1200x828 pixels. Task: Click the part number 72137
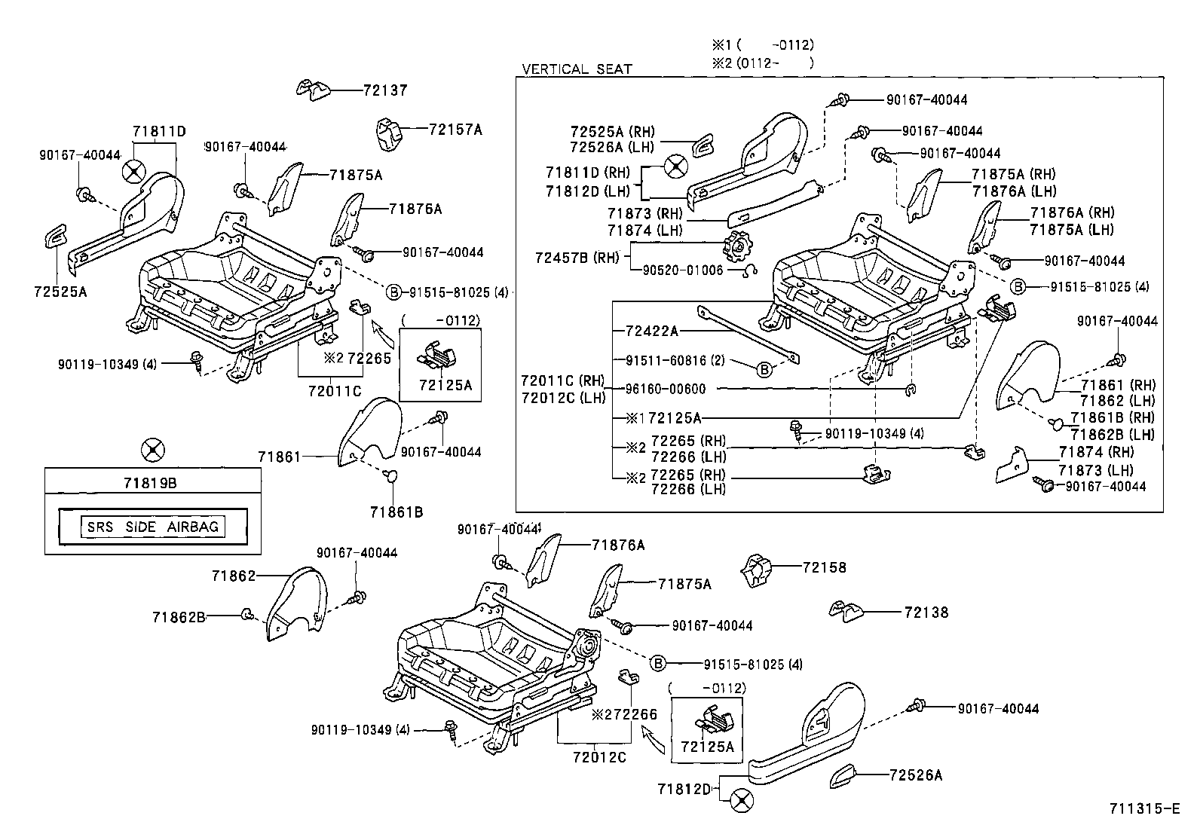pyautogui.click(x=384, y=90)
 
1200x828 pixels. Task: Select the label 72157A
pyautogui.click(x=455, y=130)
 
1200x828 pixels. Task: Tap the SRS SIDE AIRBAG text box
pyautogui.click(x=153, y=526)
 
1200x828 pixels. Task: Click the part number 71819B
pyautogui.click(x=153, y=483)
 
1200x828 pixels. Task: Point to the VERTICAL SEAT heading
pyautogui.click(x=577, y=69)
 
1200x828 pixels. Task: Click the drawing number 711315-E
pyautogui.click(x=1143, y=809)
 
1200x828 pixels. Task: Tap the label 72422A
pyautogui.click(x=652, y=331)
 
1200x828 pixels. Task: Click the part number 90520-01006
pyautogui.click(x=682, y=270)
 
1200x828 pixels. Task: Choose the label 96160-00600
pyautogui.click(x=666, y=389)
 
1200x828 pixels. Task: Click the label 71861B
pyautogui.click(x=396, y=512)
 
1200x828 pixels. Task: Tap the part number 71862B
pyautogui.click(x=179, y=616)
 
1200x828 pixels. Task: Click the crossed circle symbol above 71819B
pyautogui.click(x=153, y=450)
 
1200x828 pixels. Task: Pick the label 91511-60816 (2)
pyautogui.click(x=675, y=360)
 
